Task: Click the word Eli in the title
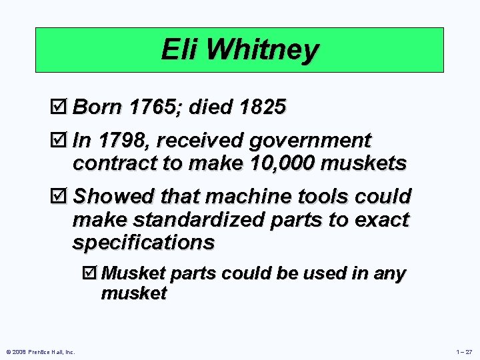click(178, 50)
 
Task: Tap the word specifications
click(143, 242)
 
